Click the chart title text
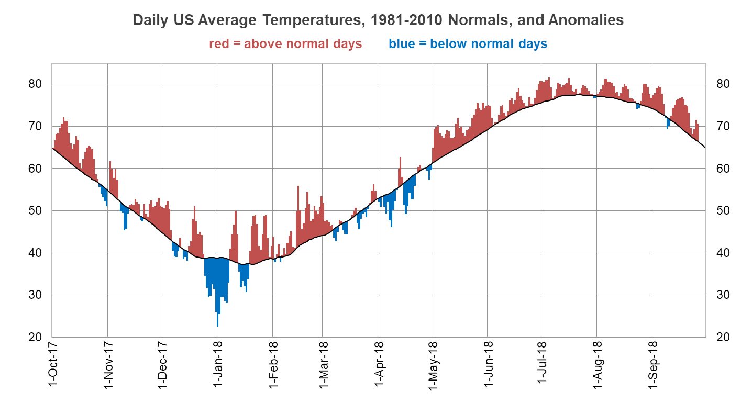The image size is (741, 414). [378, 20]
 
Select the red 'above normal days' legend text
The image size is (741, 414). [285, 44]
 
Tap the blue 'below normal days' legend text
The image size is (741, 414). [468, 44]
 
